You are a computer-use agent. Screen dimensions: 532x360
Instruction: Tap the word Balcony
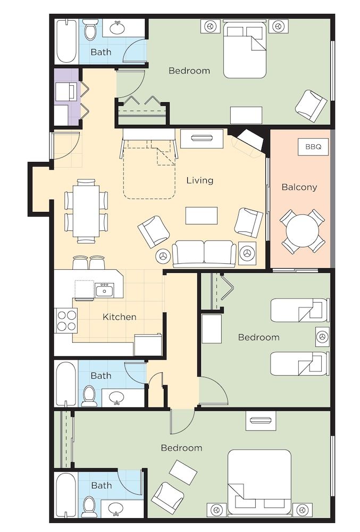coord(299,187)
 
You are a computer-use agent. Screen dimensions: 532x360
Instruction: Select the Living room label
coord(199,180)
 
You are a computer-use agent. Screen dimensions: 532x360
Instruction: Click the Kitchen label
coord(119,317)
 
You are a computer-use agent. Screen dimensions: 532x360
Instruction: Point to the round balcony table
coord(303,231)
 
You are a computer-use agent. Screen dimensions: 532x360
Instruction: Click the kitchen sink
coord(104,290)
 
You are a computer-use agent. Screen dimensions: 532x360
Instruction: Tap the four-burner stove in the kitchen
coord(67,320)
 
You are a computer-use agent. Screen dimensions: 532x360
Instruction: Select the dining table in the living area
coord(86,211)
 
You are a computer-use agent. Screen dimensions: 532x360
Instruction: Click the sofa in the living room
coord(204,253)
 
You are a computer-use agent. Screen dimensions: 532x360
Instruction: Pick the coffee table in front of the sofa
coord(202,215)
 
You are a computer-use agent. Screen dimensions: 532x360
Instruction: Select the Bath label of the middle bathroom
coord(101,376)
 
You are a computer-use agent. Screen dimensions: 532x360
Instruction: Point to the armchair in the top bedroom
coord(311,105)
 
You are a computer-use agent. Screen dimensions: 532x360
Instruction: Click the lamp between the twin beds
coord(322,337)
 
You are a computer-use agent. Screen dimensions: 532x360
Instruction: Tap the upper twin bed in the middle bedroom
coord(299,311)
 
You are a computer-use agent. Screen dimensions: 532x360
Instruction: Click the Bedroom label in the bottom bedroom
coord(181,448)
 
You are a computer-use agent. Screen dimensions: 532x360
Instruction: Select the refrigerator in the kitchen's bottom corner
coord(148,345)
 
